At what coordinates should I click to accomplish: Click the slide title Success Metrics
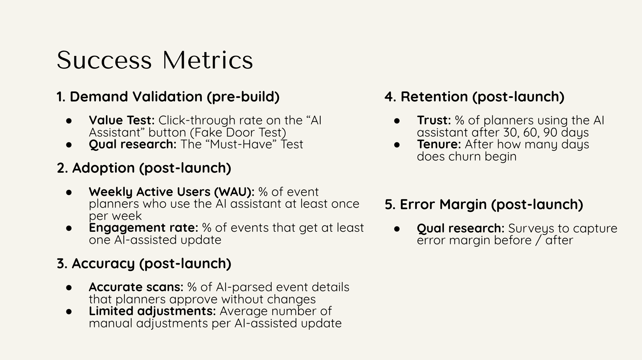point(155,60)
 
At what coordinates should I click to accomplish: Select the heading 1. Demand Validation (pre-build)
point(168,97)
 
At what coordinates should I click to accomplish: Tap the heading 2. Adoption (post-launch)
point(144,168)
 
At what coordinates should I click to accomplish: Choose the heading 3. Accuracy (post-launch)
point(144,264)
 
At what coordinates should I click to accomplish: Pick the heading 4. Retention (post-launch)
point(475,97)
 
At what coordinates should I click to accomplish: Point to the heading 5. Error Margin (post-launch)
point(484,204)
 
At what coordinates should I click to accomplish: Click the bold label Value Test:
point(122,120)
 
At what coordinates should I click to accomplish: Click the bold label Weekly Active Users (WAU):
point(172,192)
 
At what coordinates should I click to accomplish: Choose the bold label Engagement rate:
point(143,228)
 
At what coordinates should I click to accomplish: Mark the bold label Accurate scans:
point(136,287)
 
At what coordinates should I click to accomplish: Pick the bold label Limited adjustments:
point(152,311)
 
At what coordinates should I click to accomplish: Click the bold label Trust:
point(434,120)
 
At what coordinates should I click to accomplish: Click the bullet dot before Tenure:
point(397,145)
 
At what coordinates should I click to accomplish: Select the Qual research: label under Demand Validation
point(133,144)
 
